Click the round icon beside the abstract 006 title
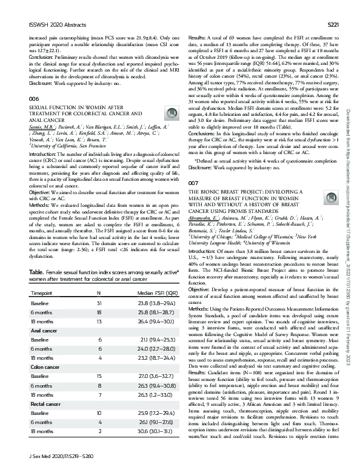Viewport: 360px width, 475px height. [172, 113]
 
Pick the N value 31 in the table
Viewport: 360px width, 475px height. [99, 304]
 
